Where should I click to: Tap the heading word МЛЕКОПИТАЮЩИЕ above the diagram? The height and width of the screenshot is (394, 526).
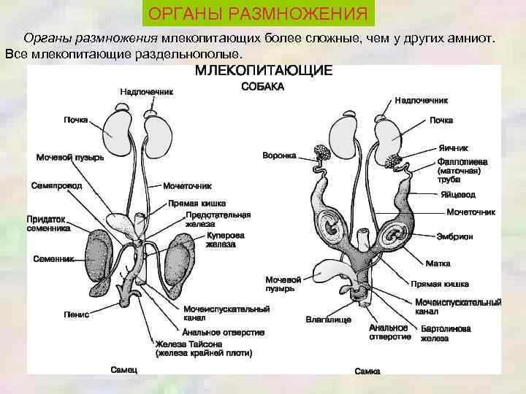(263, 71)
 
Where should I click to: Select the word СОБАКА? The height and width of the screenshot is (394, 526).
(262, 87)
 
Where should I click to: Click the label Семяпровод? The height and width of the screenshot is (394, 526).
(57, 185)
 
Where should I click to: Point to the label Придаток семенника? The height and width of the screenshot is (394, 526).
(49, 223)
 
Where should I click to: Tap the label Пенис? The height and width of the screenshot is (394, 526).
(77, 314)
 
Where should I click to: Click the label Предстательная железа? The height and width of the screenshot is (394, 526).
(218, 220)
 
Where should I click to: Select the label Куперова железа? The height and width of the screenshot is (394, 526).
(225, 241)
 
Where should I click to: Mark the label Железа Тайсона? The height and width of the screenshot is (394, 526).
(203, 348)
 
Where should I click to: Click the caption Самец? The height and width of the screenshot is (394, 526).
(123, 370)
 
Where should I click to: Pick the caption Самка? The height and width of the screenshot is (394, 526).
(367, 371)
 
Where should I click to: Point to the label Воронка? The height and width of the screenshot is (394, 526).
(279, 155)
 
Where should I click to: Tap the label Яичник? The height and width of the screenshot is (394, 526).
(454, 147)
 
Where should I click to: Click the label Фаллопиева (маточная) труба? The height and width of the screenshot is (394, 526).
(459, 169)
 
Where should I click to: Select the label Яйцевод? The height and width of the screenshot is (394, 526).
(458, 195)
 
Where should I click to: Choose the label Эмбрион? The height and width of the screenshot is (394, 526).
(455, 236)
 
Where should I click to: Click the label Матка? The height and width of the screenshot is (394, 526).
(438, 263)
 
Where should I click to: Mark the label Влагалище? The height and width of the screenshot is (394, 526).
(328, 320)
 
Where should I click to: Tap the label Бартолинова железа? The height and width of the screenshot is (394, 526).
(445, 333)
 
